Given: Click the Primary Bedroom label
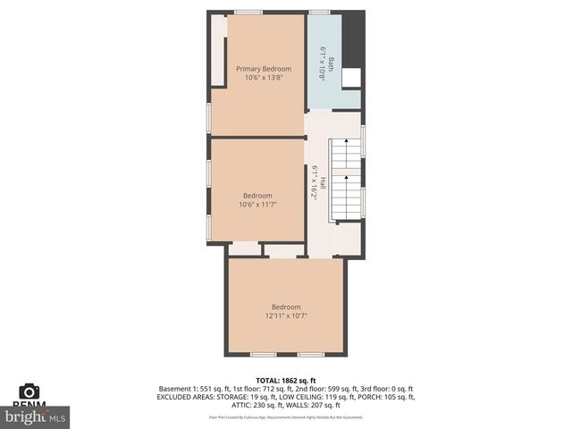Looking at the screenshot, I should click(264, 68).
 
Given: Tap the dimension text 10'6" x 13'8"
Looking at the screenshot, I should click(264, 78).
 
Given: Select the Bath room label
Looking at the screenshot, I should click(331, 63).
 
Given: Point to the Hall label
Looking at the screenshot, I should click(323, 182).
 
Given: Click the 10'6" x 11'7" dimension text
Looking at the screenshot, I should click(257, 205).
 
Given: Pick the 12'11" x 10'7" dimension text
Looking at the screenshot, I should click(286, 315).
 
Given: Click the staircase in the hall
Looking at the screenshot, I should click(345, 179).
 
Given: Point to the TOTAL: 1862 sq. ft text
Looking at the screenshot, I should click(286, 381).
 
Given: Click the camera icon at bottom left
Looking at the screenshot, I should click(29, 391).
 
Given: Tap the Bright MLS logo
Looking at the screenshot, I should click(36, 416).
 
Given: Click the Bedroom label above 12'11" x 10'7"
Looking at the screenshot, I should click(286, 307).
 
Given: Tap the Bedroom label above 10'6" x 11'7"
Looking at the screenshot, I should click(257, 195).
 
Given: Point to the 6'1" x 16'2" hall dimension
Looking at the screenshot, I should click(314, 182).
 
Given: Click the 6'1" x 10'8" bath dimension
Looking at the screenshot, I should click(323, 63).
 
